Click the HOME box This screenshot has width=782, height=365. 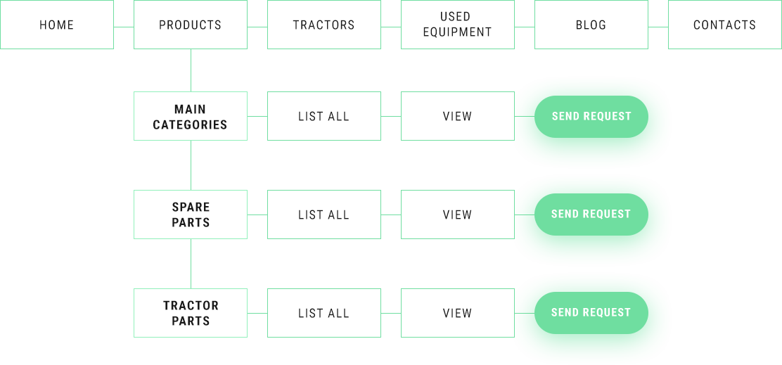(x=57, y=25)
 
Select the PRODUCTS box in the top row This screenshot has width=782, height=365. (x=191, y=25)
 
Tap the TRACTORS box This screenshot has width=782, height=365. (x=324, y=25)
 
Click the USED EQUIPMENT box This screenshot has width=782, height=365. (x=458, y=25)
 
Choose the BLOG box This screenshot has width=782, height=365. (x=591, y=25)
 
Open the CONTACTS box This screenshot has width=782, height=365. (x=724, y=25)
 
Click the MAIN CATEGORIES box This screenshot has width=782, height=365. (x=191, y=116)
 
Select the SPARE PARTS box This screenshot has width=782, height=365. (x=191, y=214)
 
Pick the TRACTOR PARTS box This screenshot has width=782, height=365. (x=191, y=313)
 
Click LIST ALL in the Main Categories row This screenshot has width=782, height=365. (x=324, y=116)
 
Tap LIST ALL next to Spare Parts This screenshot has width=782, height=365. (x=324, y=214)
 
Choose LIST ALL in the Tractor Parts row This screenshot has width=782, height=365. (x=324, y=313)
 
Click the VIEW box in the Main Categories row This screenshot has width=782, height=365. (x=458, y=116)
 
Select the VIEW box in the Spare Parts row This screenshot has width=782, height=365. (x=458, y=214)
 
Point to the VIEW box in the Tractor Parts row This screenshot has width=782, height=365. (x=458, y=313)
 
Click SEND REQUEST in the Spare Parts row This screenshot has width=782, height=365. (x=591, y=214)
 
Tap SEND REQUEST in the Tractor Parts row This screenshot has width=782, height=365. (x=591, y=313)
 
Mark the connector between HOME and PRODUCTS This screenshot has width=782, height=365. (x=124, y=27)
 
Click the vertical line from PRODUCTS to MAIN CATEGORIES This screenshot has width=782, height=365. (x=191, y=70)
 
